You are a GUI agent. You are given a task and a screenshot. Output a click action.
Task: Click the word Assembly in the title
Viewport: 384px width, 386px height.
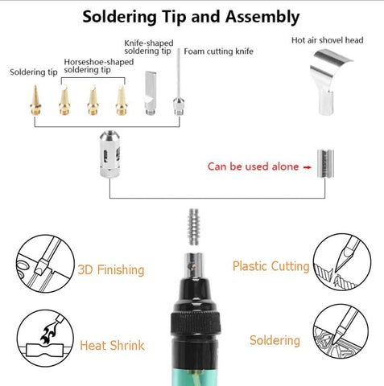[x=262, y=18]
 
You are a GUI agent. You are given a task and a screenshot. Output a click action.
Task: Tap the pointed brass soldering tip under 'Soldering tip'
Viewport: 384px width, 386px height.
[x=35, y=101]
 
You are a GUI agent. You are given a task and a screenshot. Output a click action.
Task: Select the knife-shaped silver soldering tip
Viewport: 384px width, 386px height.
[x=151, y=92]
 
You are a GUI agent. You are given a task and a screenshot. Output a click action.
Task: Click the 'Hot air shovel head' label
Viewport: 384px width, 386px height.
[x=328, y=40]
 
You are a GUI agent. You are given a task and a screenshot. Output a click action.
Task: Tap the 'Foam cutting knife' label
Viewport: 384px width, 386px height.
[x=218, y=51]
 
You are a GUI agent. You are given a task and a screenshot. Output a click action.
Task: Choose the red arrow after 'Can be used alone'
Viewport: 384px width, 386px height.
[x=307, y=167]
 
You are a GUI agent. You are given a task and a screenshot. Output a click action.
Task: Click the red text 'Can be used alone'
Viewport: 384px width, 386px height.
[x=253, y=166]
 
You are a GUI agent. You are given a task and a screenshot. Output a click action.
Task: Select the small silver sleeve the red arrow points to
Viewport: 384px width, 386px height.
[x=325, y=163]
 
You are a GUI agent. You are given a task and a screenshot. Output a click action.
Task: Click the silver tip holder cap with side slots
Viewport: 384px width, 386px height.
[x=109, y=154]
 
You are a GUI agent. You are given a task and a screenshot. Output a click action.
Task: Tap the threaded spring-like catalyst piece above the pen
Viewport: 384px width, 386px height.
[x=194, y=227]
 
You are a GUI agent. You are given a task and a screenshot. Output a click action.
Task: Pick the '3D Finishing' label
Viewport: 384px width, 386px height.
[x=111, y=269]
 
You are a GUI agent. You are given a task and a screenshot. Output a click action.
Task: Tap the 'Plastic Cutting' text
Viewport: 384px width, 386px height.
[x=271, y=267]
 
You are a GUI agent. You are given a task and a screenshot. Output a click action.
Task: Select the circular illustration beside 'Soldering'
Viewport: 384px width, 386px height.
[x=341, y=333]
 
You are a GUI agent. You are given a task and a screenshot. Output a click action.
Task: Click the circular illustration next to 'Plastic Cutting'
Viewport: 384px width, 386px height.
[x=342, y=261]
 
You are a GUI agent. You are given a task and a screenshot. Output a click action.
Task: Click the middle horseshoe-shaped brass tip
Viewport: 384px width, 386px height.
[x=93, y=100]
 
